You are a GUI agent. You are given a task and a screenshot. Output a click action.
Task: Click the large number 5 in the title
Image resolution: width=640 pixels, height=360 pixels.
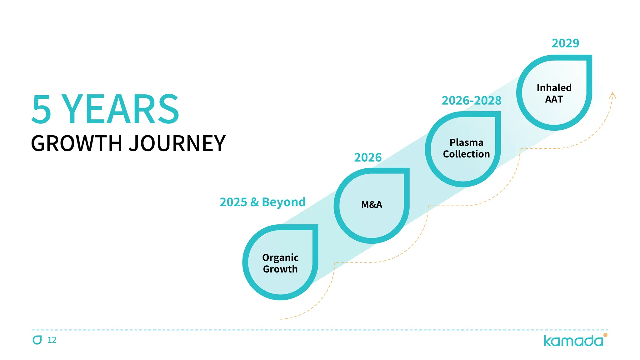pos(42,109)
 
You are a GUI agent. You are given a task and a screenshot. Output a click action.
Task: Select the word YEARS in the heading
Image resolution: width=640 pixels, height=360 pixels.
pos(120,109)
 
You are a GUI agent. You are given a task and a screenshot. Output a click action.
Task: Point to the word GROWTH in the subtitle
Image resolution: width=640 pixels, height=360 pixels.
pos(76,143)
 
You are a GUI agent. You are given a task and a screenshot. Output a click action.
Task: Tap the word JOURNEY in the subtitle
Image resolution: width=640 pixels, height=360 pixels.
pos(177,143)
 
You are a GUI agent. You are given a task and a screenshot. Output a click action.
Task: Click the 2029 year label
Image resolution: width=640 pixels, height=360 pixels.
pos(565,43)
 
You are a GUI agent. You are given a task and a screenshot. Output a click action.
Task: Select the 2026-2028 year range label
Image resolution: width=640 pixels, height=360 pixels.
pos(471,101)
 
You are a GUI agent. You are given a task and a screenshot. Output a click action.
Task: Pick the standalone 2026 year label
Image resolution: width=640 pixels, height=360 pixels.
pos(368,157)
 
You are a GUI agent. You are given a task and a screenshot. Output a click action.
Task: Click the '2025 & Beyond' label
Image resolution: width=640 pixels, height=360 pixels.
pos(262,202)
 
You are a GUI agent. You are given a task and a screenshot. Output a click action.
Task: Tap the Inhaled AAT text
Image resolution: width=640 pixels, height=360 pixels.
pos(554,93)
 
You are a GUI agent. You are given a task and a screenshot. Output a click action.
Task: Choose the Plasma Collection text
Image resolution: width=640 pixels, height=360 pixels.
pos(466,148)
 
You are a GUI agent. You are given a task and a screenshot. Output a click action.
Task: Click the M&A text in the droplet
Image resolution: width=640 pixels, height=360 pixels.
pos(372,205)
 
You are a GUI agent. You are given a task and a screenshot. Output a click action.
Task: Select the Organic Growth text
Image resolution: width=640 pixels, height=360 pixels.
pos(280,263)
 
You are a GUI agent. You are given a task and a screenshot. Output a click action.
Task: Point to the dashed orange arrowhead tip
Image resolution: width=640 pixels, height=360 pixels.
pos(613,93)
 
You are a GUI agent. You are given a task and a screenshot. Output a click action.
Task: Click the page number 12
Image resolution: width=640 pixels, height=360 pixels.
pos(52,340)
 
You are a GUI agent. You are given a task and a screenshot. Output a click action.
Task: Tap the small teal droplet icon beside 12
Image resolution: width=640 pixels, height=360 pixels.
pos(37,340)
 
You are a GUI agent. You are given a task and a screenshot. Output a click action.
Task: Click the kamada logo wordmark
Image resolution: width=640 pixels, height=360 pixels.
pos(573,341)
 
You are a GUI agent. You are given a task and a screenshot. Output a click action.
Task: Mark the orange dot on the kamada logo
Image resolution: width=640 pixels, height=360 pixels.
pos(605,335)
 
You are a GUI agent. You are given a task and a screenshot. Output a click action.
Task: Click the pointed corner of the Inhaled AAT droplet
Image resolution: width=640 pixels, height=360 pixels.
pos(589,57)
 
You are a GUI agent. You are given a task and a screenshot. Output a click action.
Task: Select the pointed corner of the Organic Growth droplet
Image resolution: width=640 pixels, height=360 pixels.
pos(316,227)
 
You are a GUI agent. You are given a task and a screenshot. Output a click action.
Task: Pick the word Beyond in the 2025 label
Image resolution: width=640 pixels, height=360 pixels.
pos(284,202)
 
